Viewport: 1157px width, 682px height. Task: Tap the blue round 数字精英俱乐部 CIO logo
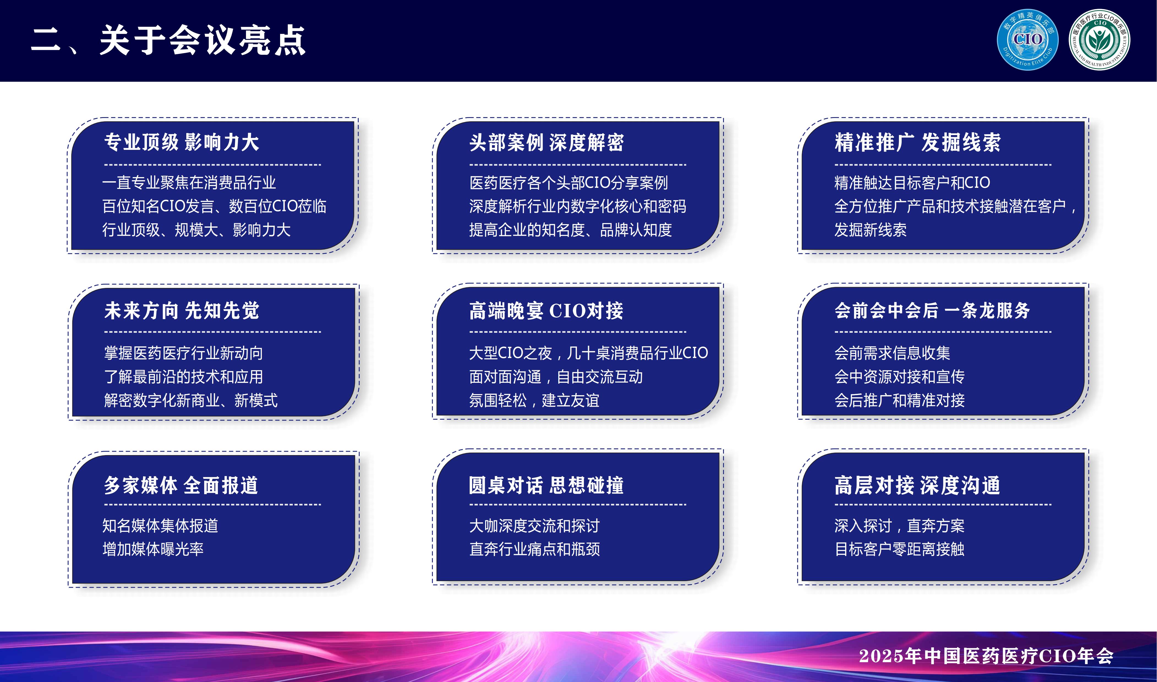click(1027, 40)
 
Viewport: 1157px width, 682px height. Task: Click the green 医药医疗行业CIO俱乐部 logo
click(1099, 40)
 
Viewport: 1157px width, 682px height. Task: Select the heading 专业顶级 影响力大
click(182, 142)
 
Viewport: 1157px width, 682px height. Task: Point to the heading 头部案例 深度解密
click(546, 142)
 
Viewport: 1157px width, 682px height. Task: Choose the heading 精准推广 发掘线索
click(918, 142)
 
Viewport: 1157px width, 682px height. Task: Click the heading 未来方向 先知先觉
click(182, 311)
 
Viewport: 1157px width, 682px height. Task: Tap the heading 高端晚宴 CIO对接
click(546, 311)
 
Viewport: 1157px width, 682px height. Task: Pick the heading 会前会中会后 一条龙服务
click(932, 311)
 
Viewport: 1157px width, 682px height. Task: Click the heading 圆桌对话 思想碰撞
click(546, 485)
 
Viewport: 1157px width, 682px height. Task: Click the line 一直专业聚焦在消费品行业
click(189, 183)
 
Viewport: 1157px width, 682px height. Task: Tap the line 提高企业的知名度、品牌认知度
click(570, 230)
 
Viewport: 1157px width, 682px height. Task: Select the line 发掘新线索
click(870, 230)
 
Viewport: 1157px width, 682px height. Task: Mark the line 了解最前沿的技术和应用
click(184, 377)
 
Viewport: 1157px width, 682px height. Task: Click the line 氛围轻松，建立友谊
click(534, 401)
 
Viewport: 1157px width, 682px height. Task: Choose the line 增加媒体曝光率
click(153, 549)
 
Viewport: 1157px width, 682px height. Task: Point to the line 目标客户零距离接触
click(899, 549)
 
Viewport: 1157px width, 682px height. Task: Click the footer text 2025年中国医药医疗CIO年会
click(986, 656)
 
